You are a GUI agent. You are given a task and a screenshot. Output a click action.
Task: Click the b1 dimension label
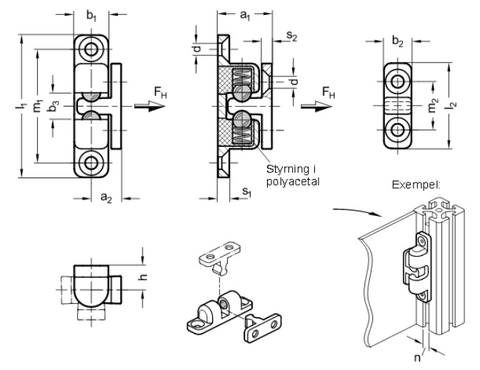point(91,14)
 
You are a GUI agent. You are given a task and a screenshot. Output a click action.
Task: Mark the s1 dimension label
point(246,191)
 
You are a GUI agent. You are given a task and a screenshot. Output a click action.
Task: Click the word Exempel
point(416,185)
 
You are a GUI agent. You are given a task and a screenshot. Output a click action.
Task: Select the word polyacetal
point(292,183)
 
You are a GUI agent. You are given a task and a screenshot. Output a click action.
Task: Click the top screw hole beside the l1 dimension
point(92,51)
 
